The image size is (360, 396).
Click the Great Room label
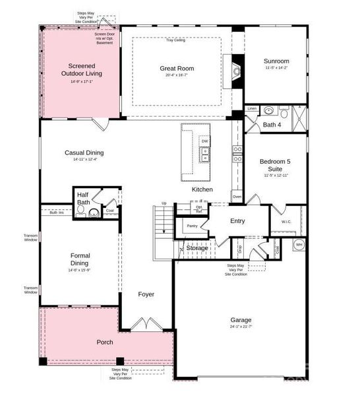tap(177, 68)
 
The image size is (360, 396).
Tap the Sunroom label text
tap(276, 61)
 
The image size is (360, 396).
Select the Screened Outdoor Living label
tap(79, 69)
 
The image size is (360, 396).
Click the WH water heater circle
tap(299, 245)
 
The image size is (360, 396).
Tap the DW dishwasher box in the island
tap(204, 141)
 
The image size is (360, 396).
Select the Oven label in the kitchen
tap(236, 197)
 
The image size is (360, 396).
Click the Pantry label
tap(193, 226)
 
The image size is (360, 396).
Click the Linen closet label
tap(252, 108)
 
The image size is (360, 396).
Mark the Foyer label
tap(146, 294)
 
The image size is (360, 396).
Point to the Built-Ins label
tap(57, 213)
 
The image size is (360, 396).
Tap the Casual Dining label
tap(84, 152)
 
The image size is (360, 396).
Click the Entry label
tap(237, 221)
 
